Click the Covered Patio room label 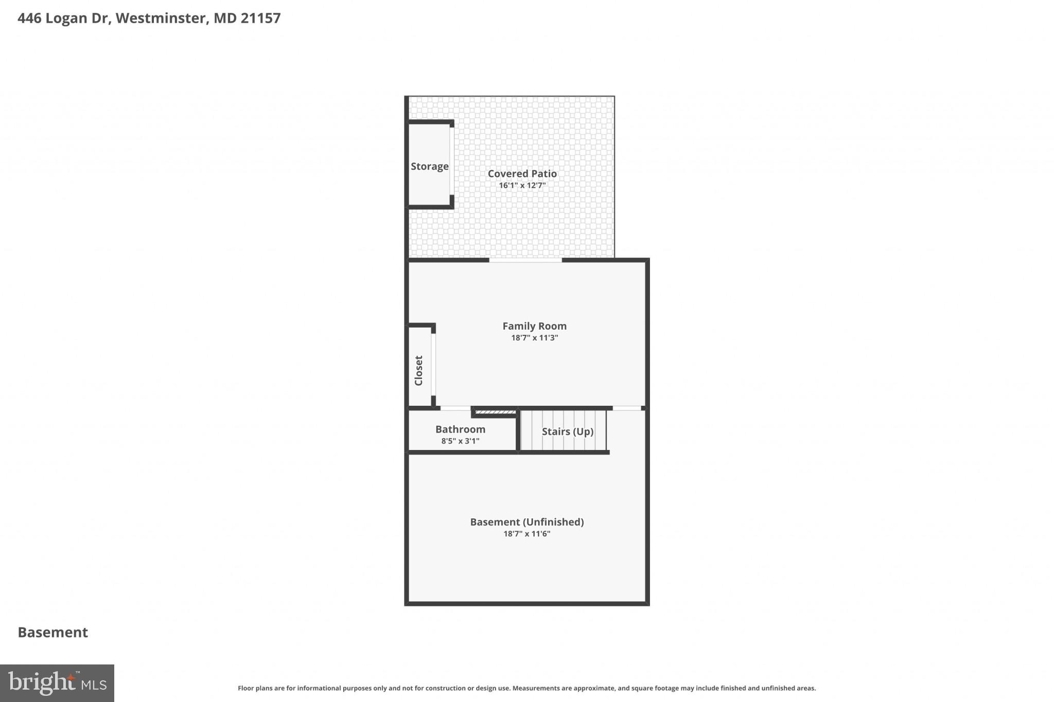point(522,174)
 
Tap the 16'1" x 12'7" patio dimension point(522,186)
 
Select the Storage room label point(429,167)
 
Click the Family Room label point(534,326)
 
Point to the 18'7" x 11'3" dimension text point(534,338)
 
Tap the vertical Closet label point(418,370)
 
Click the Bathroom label point(460,429)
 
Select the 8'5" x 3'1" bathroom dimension point(460,441)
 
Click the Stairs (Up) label point(567,431)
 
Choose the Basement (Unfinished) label point(526,522)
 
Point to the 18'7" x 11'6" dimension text point(526,534)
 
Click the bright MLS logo point(57,683)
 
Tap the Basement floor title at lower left point(53,633)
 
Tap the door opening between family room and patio point(525,261)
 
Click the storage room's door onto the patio point(452,161)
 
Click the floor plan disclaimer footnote point(526,688)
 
